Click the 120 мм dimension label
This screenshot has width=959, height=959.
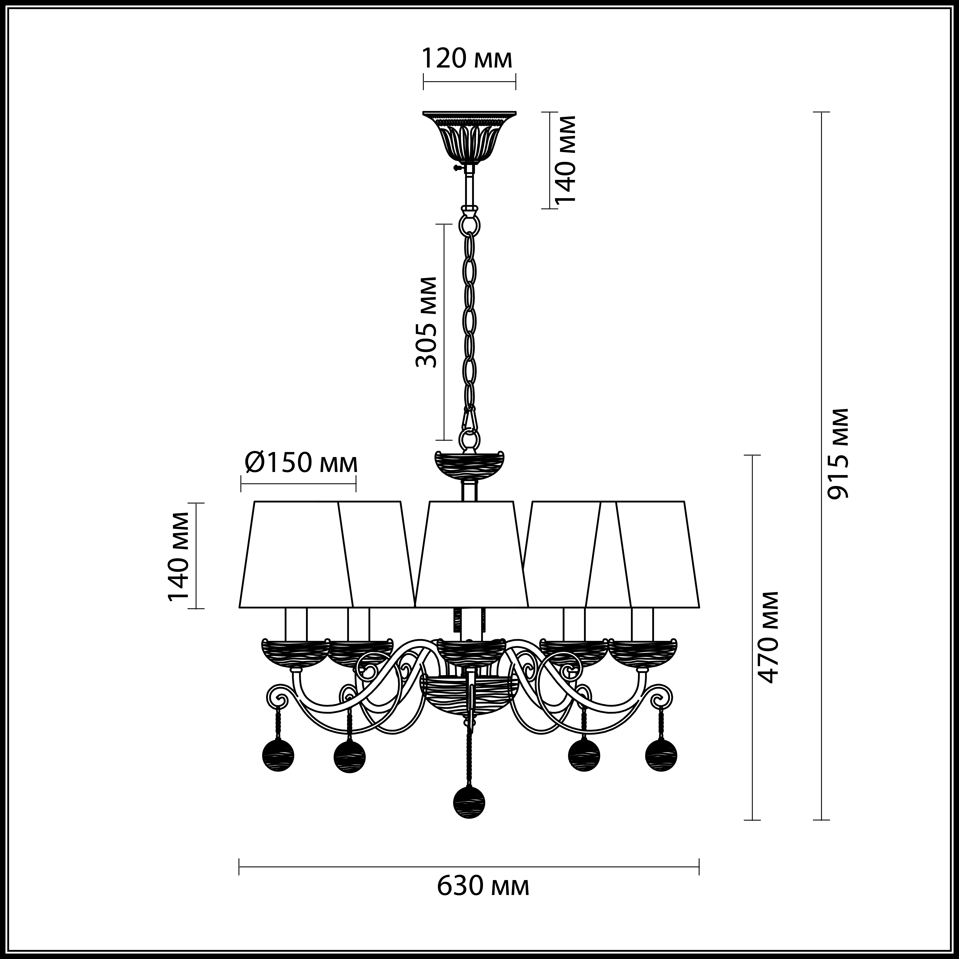(467, 59)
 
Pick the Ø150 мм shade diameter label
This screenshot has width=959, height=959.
(301, 463)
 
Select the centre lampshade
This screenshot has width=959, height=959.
(471, 553)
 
